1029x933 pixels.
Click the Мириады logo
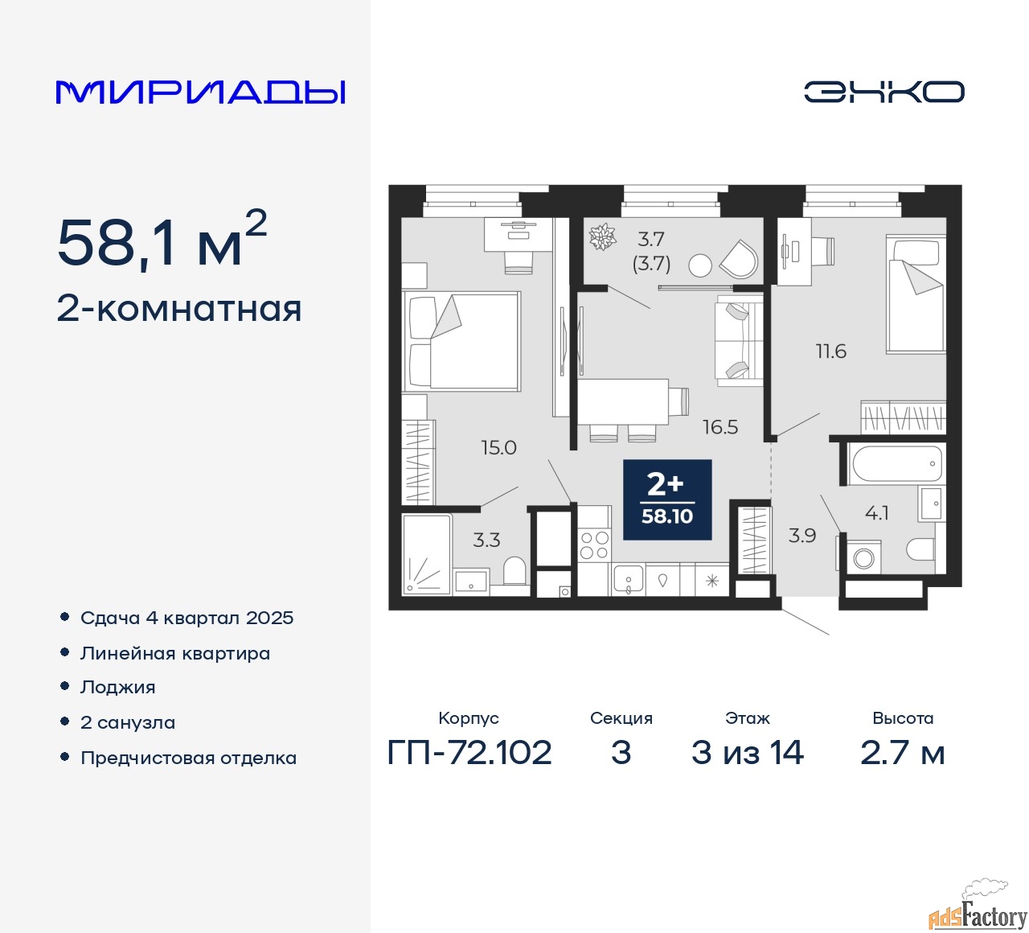(x=200, y=92)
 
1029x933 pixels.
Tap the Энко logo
(x=883, y=92)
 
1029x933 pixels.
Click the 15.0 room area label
(x=498, y=447)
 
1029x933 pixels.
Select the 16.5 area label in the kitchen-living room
(x=720, y=426)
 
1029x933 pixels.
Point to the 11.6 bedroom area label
(x=831, y=351)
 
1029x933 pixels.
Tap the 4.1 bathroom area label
(x=876, y=512)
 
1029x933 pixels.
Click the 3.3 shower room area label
(x=486, y=540)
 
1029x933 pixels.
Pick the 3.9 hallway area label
(x=802, y=536)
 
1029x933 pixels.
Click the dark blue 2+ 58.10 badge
(x=667, y=499)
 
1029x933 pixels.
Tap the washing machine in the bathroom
(x=863, y=557)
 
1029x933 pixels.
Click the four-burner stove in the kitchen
(x=594, y=545)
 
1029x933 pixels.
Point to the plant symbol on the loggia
(x=602, y=237)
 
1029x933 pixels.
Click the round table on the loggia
(x=699, y=266)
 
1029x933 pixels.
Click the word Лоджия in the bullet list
(x=117, y=687)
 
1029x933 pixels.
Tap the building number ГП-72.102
(x=469, y=752)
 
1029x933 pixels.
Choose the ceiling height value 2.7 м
(x=902, y=752)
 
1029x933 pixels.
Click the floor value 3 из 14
(x=747, y=752)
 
